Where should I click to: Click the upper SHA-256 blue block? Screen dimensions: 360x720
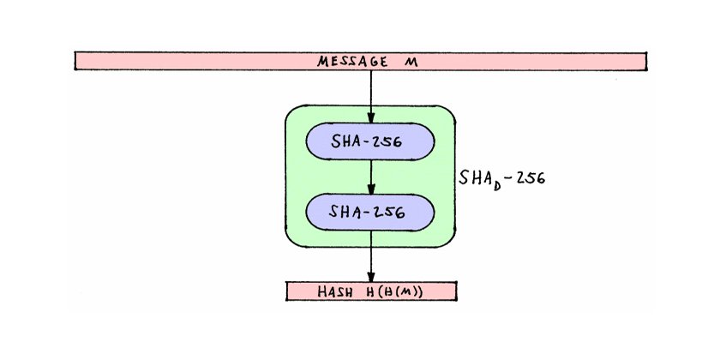(x=370, y=142)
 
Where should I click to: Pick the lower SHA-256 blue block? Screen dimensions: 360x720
(x=370, y=211)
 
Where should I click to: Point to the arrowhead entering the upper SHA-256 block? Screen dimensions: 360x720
(x=370, y=121)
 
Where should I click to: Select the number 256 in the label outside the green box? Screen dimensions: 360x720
(x=528, y=180)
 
